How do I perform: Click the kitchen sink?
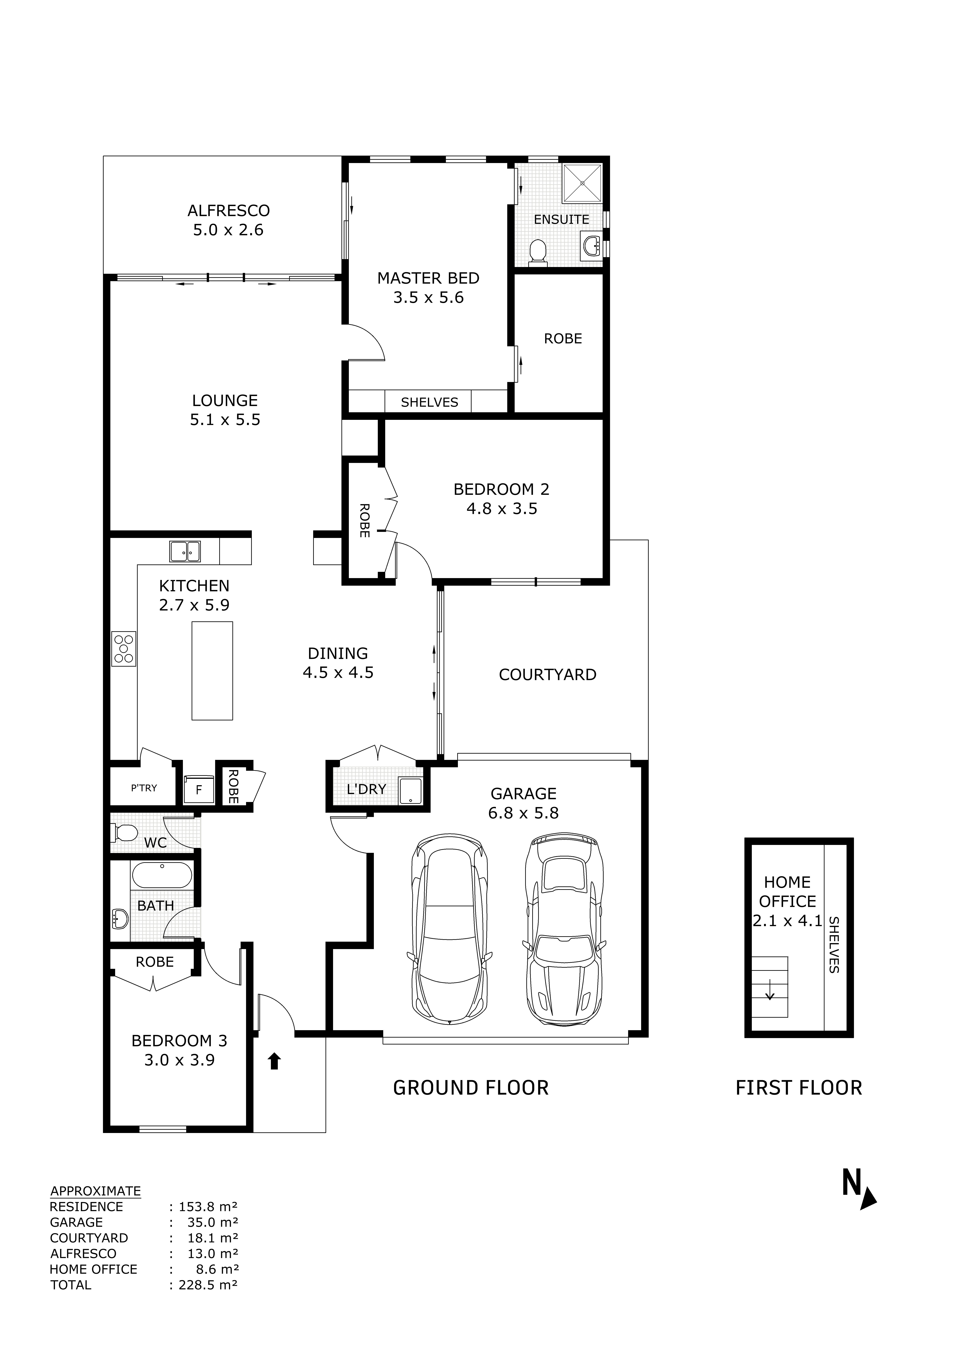tap(185, 551)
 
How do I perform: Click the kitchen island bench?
tap(212, 671)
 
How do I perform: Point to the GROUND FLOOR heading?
tap(471, 1088)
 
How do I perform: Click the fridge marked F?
tap(199, 790)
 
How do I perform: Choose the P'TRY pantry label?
tap(144, 788)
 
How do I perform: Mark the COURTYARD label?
tap(547, 675)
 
